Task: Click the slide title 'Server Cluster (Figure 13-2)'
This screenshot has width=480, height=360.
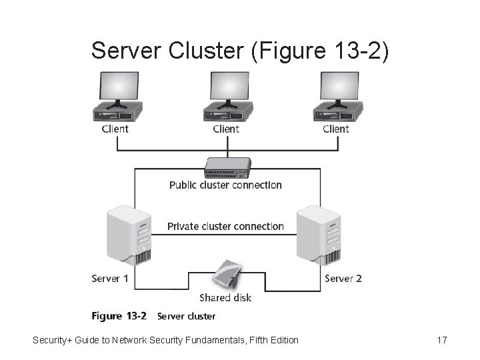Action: [239, 49]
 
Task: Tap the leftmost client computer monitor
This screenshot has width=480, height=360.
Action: [118, 88]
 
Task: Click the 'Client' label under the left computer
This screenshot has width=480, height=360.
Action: [115, 129]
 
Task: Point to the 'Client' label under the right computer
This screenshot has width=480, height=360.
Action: [336, 129]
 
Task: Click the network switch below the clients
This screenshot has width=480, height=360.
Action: [227, 166]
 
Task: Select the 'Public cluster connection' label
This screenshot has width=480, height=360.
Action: [225, 185]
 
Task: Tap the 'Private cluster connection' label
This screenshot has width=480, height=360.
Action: [225, 226]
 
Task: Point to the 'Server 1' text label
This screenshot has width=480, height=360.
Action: [110, 278]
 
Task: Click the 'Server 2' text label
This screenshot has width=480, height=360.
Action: [343, 278]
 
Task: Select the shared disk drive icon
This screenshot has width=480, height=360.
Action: [227, 275]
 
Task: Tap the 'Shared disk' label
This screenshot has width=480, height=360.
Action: [225, 297]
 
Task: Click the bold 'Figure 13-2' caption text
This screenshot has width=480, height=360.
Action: [119, 316]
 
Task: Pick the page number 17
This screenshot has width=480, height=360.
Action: [441, 341]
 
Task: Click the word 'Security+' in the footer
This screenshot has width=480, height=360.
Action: [53, 341]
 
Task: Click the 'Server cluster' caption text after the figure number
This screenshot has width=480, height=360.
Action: [186, 316]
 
